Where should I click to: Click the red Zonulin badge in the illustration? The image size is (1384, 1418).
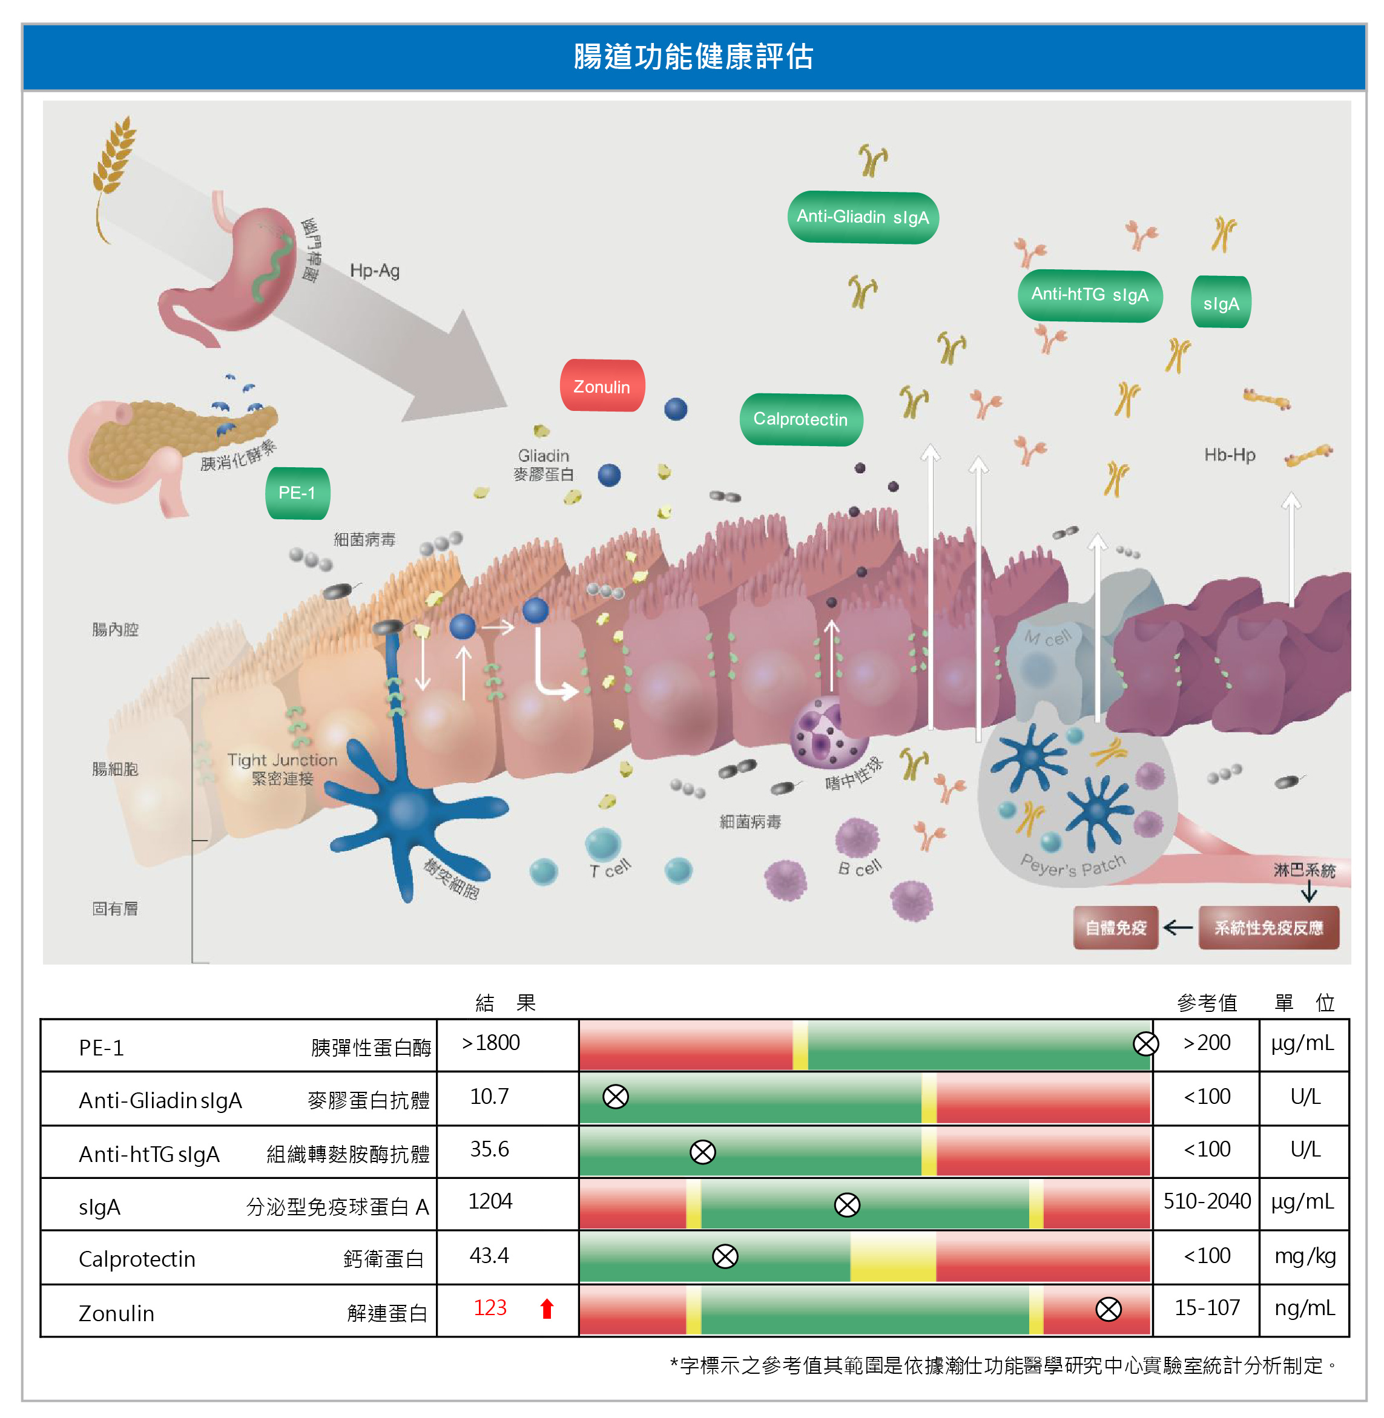pos(602,386)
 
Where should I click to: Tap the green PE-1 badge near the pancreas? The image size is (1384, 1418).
pos(297,493)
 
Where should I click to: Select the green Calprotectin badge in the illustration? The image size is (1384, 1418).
pos(800,419)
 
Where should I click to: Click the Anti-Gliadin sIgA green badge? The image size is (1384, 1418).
pos(863,217)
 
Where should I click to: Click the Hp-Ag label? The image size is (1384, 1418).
pos(374,271)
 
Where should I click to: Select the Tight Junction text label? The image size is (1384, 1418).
pos(282,760)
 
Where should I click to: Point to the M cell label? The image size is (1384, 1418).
pos(1047,637)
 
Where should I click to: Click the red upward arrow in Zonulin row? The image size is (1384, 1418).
pos(547,1308)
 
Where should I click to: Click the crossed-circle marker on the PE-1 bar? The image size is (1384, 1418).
pos(1145,1044)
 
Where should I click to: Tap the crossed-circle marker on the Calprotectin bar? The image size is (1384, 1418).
pos(725,1256)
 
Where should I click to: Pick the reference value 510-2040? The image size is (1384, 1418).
pos(1207,1201)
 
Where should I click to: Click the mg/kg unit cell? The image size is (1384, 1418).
pos(1305,1256)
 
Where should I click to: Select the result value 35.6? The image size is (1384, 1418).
pos(489,1149)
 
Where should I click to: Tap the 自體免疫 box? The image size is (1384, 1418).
pos(1115,927)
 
